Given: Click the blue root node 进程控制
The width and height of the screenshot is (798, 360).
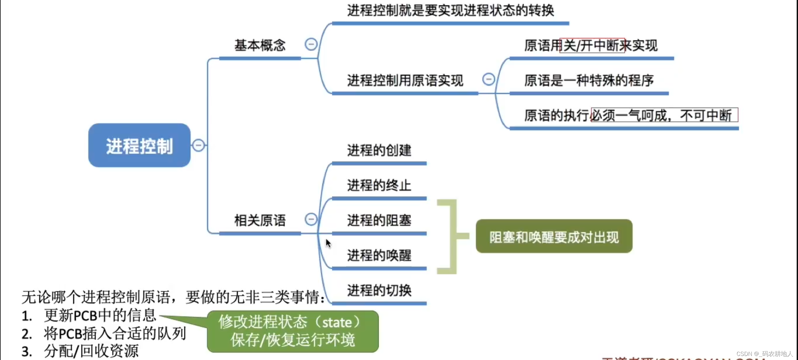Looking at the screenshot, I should (139, 145).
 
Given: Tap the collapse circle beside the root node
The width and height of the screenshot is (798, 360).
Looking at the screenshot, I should (198, 145).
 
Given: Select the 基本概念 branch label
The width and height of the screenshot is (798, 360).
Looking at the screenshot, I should (260, 46).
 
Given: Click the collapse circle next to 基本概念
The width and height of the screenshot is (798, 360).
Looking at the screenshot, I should (311, 44).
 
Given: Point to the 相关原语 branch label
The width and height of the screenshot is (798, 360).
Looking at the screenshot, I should (260, 221).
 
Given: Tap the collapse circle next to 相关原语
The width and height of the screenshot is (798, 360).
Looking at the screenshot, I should (311, 219).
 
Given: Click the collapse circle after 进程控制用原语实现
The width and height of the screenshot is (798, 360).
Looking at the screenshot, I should (489, 79).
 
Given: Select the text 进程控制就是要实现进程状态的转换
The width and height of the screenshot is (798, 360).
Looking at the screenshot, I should (450, 11).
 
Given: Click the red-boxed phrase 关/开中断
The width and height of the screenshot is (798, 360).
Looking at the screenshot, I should (592, 46).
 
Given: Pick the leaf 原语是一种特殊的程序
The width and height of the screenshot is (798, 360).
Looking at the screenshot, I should (589, 80).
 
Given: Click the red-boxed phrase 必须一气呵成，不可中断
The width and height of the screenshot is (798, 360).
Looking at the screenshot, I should (664, 115).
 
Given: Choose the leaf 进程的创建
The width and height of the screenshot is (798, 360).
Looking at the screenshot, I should (379, 150).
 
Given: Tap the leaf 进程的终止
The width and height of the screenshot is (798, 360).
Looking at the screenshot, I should (379, 185).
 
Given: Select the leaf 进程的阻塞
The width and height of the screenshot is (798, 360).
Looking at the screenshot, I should (379, 221).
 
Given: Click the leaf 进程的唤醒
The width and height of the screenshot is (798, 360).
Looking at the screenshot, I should (379, 255).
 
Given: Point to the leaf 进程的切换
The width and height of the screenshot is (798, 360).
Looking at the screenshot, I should (379, 290).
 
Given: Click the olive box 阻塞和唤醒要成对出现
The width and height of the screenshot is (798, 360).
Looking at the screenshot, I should (554, 236).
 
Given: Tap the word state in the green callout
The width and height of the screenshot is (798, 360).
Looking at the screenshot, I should (337, 323).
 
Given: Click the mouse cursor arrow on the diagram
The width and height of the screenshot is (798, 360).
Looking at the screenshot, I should (328, 243).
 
